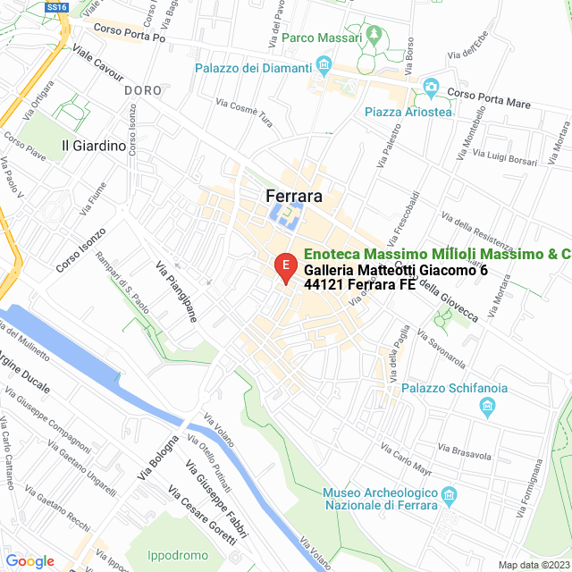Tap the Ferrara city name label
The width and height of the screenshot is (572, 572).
pyautogui.click(x=293, y=196)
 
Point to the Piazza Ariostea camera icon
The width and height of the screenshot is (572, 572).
pyautogui.click(x=432, y=88)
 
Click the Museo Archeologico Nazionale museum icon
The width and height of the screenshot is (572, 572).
pyautogui.click(x=450, y=494)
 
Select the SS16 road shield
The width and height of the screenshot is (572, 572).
pyautogui.click(x=56, y=6)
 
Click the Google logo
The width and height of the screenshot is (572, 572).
pyautogui.click(x=29, y=561)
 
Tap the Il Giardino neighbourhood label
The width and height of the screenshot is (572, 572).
pyautogui.click(x=94, y=145)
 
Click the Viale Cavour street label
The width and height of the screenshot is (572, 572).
pyautogui.click(x=97, y=63)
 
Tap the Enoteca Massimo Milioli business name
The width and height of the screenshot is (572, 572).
pyautogui.click(x=437, y=255)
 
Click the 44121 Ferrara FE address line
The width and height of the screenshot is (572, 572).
pyautogui.click(x=360, y=285)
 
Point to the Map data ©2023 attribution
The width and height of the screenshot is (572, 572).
pyautogui.click(x=532, y=564)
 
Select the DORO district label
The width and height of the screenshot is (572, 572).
pyautogui.click(x=143, y=90)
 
